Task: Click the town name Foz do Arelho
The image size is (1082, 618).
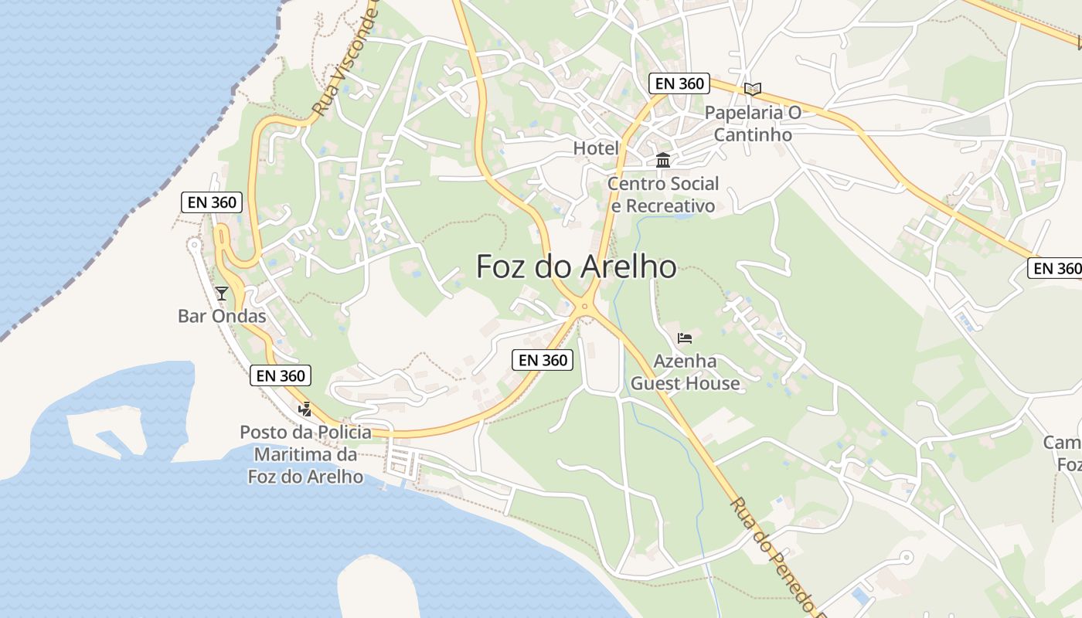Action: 576,267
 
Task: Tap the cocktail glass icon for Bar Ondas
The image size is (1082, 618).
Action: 222,293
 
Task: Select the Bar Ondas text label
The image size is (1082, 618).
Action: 222,316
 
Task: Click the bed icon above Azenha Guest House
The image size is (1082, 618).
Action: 684,338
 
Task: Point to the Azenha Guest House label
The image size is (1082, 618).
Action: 686,372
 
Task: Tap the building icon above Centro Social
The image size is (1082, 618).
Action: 663,161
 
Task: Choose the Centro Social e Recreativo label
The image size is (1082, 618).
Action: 663,195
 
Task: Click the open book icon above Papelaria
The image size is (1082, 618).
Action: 752,89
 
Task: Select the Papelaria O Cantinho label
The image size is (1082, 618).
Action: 752,124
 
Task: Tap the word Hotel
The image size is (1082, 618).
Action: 596,148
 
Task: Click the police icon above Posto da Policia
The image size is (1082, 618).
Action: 305,409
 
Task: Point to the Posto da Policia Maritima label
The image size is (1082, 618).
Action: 305,454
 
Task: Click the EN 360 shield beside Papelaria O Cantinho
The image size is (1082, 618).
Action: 679,83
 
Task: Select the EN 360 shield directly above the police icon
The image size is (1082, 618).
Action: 281,375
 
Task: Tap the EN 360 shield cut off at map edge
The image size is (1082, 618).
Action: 1055,268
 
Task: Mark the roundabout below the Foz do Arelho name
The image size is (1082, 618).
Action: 584,306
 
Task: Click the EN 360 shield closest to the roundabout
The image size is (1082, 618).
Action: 543,359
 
